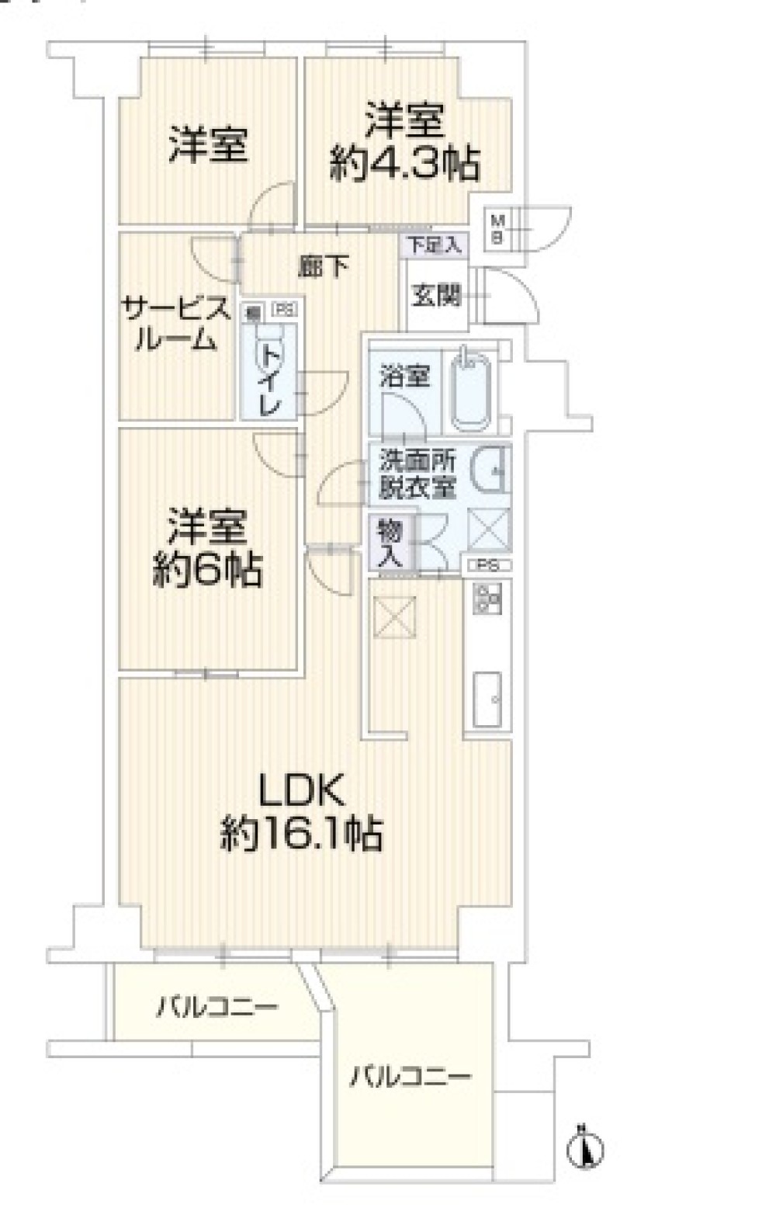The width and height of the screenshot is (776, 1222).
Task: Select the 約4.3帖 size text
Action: coord(404,165)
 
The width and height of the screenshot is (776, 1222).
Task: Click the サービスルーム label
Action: coord(176,325)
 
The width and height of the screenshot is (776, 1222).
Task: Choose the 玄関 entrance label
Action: coord(436,296)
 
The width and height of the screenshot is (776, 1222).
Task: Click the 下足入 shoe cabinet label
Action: coord(435,246)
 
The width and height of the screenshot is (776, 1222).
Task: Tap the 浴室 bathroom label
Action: coord(404,377)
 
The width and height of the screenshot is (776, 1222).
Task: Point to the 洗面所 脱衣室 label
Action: coord(417,474)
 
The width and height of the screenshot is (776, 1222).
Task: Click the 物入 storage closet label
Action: coord(390,544)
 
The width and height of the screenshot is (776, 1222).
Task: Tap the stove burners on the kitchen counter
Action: coord(487,599)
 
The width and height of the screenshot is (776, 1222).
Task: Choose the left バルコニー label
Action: coord(217,1008)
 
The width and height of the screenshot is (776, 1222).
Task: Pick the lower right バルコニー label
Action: coord(410,1077)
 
